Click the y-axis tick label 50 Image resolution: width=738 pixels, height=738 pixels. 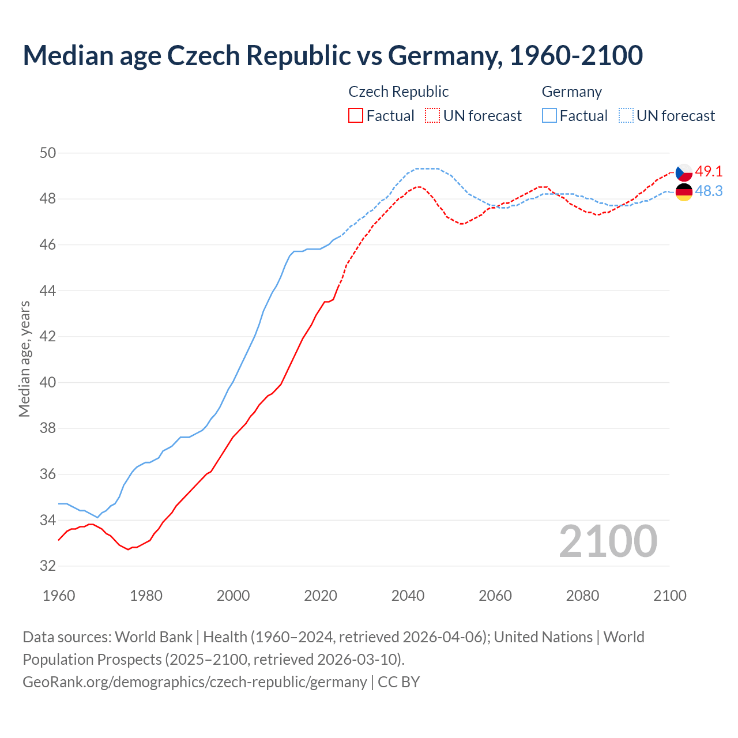(48, 153)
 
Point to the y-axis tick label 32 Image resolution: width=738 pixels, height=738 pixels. (48, 566)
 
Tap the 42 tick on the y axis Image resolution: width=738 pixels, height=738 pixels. (48, 336)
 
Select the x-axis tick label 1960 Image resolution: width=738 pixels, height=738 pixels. (59, 596)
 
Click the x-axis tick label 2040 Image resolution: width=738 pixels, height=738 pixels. (408, 596)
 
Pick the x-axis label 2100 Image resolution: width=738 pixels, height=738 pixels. (669, 596)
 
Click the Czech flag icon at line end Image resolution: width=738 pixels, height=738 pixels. (684, 172)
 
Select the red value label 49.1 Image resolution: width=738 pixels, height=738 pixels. (709, 171)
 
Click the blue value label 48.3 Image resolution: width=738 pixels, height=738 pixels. (709, 191)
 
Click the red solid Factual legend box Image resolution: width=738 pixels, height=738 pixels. (356, 116)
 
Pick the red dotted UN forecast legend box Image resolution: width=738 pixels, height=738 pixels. (432, 116)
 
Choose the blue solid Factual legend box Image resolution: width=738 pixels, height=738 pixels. (549, 116)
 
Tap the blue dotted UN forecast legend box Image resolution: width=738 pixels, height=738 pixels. (626, 116)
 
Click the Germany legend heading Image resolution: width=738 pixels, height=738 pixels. (571, 92)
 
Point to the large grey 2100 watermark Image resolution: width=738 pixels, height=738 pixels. (608, 541)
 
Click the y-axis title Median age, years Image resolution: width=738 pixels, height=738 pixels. (24, 359)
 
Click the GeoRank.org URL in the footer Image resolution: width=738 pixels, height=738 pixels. (194, 681)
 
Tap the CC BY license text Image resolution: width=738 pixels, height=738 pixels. (399, 681)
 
